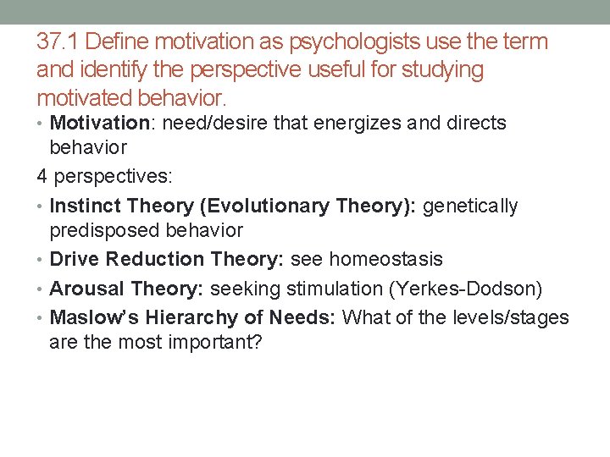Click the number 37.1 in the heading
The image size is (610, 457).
tap(58, 41)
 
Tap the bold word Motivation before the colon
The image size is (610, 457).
tap(99, 124)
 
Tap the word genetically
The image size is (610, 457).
tap(470, 206)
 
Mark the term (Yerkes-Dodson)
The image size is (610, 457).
tap(465, 289)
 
